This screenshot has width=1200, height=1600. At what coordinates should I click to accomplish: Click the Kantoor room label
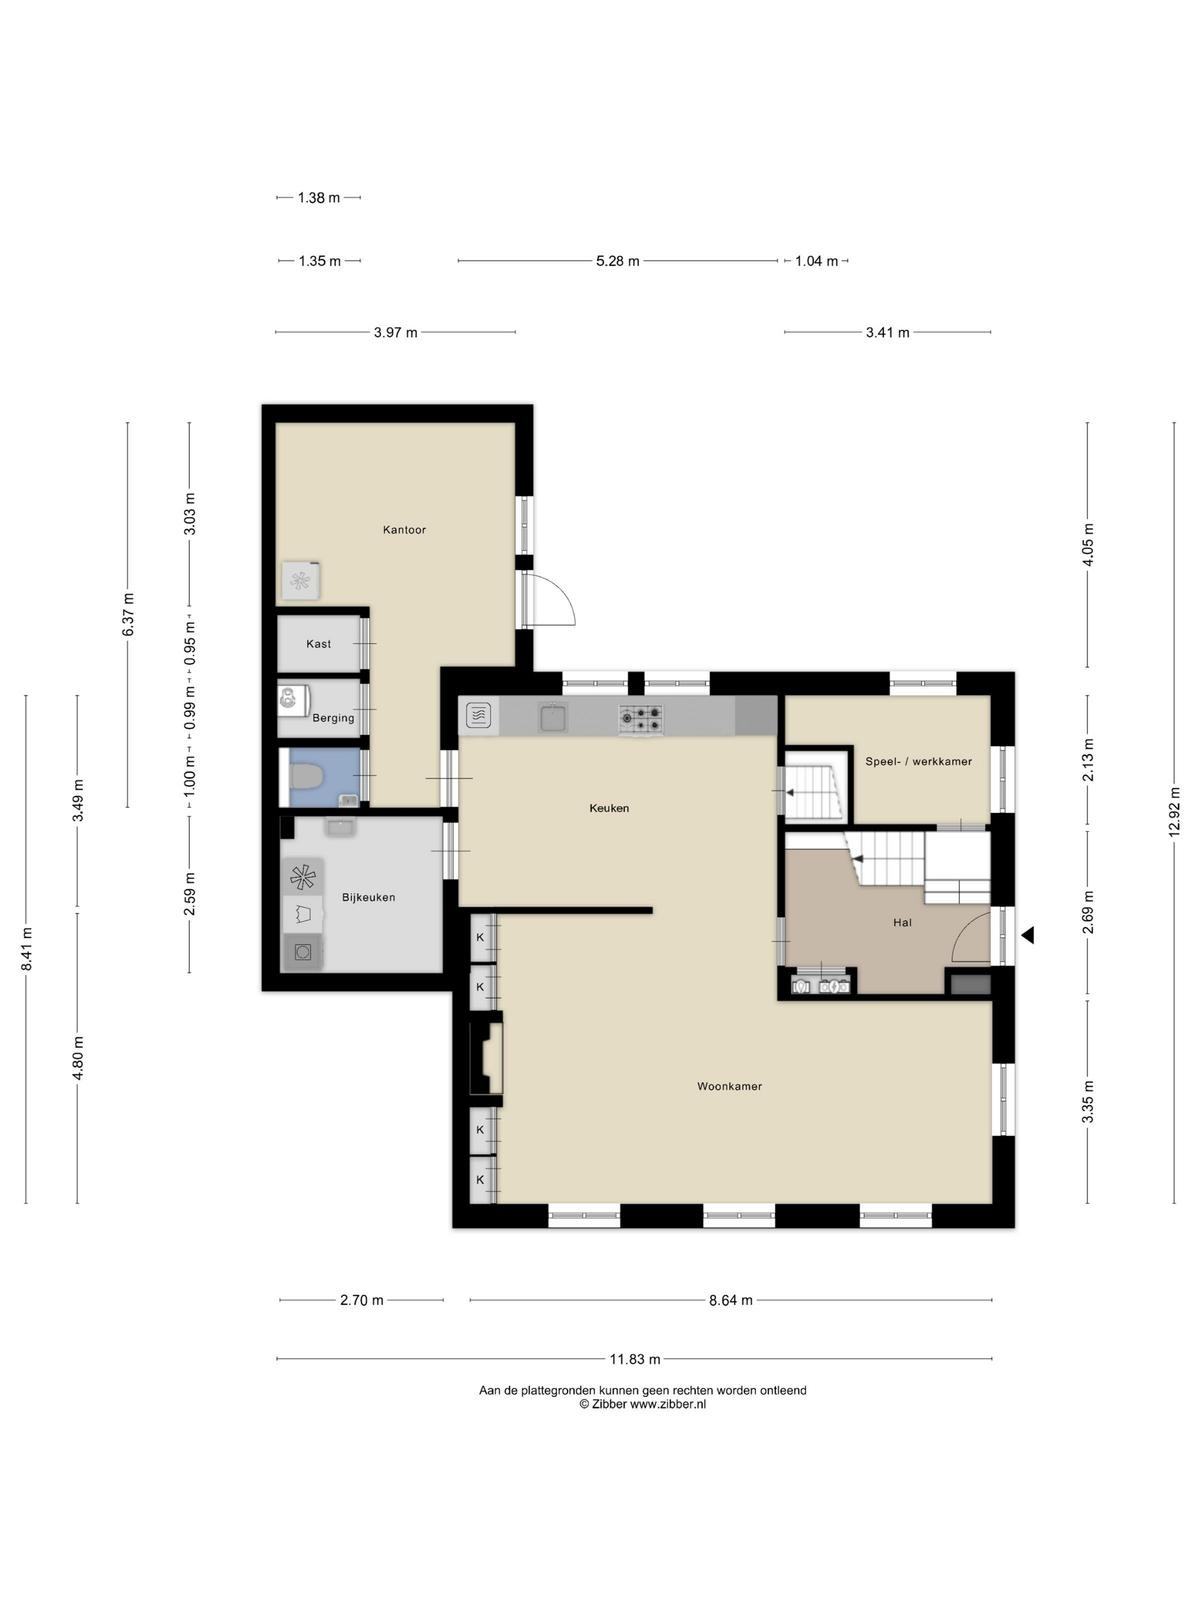pyautogui.click(x=404, y=530)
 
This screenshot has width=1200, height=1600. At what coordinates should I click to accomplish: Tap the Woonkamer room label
pyautogui.click(x=729, y=1086)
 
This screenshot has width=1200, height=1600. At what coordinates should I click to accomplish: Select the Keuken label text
pyautogui.click(x=609, y=808)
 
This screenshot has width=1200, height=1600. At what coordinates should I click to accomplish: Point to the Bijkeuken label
pyautogui.click(x=369, y=897)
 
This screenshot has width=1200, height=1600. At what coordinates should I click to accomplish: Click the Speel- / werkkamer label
pyautogui.click(x=919, y=762)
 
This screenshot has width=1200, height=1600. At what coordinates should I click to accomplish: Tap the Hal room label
pyautogui.click(x=903, y=923)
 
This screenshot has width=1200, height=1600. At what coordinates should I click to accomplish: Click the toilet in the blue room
pyautogui.click(x=306, y=777)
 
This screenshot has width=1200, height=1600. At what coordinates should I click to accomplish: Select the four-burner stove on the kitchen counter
pyautogui.click(x=641, y=718)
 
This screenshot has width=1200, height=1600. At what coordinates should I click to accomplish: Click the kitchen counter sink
pyautogui.click(x=552, y=717)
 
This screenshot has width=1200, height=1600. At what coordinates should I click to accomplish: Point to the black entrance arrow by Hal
pyautogui.click(x=1028, y=934)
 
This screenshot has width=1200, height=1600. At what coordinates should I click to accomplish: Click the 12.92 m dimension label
pyautogui.click(x=1174, y=812)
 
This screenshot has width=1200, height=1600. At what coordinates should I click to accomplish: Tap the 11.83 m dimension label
pyautogui.click(x=635, y=1359)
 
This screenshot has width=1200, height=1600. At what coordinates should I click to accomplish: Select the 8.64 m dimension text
pyautogui.click(x=731, y=1300)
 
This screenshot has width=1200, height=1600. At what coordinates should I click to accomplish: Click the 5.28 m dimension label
pyautogui.click(x=618, y=261)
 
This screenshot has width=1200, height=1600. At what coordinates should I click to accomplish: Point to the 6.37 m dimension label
pyautogui.click(x=128, y=614)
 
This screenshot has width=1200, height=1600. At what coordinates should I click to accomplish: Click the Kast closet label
pyautogui.click(x=318, y=644)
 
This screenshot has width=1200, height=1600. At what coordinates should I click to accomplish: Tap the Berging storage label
pyautogui.click(x=333, y=718)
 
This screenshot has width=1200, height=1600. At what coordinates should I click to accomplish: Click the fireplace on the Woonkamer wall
pyautogui.click(x=485, y=1058)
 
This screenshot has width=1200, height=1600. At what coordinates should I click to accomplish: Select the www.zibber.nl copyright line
pyautogui.click(x=643, y=1404)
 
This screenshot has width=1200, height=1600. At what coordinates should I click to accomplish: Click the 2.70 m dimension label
pyautogui.click(x=361, y=1300)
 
